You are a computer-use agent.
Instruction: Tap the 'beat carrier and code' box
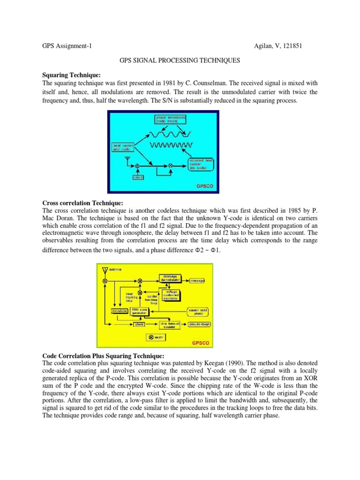[x=123, y=148]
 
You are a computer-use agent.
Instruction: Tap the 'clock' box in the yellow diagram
[x=139, y=324]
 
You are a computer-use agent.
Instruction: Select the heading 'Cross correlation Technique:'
[x=82, y=203]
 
